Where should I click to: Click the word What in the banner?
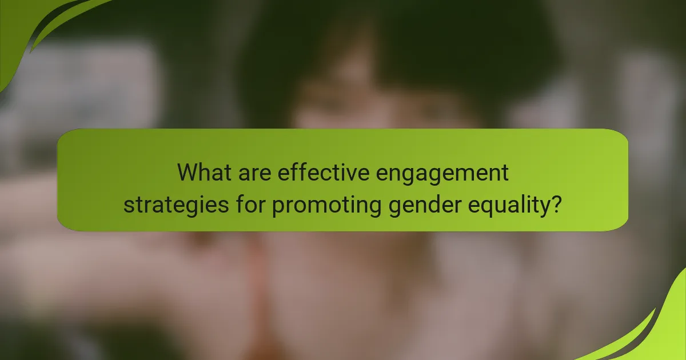point(204,172)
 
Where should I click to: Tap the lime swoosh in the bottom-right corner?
point(657,331)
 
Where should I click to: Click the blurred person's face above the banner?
point(372,103)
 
